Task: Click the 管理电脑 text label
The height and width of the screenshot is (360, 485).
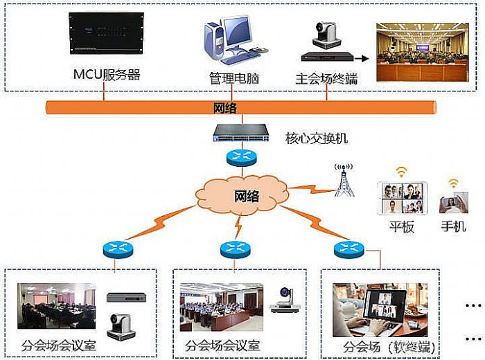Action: [233, 78]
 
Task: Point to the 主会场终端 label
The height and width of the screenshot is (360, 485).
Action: [326, 78]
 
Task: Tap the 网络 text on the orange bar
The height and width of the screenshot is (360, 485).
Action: [224, 108]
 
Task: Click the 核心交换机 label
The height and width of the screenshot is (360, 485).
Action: [316, 138]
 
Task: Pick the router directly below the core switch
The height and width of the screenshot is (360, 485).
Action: [240, 157]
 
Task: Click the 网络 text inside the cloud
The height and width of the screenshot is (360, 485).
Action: [245, 196]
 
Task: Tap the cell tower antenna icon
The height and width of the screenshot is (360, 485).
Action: [343, 181]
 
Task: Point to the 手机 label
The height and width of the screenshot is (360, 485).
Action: [453, 227]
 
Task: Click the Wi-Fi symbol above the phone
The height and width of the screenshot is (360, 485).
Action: [453, 183]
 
